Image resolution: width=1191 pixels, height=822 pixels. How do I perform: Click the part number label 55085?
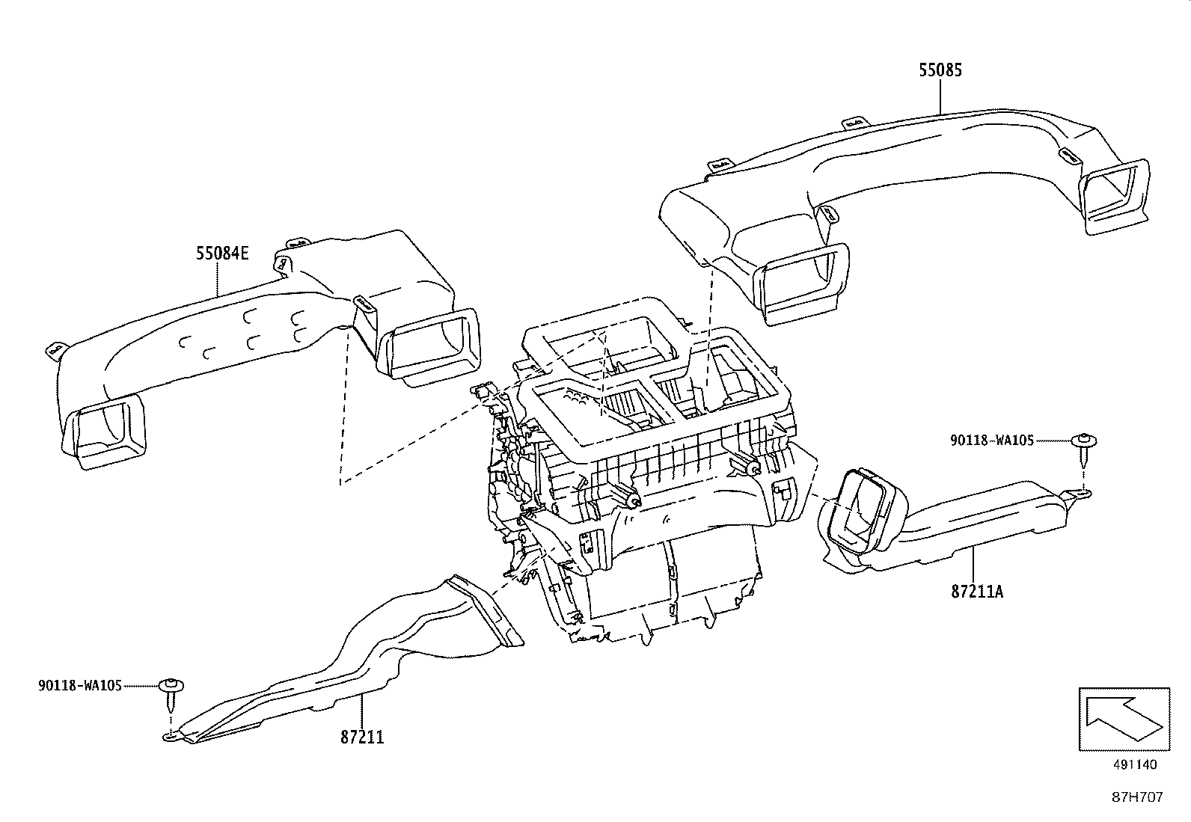click(940, 70)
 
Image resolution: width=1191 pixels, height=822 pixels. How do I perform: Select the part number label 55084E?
click(222, 253)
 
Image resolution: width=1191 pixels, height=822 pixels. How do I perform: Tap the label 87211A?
click(976, 592)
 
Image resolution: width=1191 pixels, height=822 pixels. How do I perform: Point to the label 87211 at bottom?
click(362, 737)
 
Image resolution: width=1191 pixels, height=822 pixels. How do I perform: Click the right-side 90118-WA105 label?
click(991, 441)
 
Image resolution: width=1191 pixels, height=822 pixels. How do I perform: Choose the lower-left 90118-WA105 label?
click(79, 685)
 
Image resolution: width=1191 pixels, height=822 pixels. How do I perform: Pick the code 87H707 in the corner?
click(1136, 797)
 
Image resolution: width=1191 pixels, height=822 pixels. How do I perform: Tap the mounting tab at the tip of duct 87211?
click(172, 737)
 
